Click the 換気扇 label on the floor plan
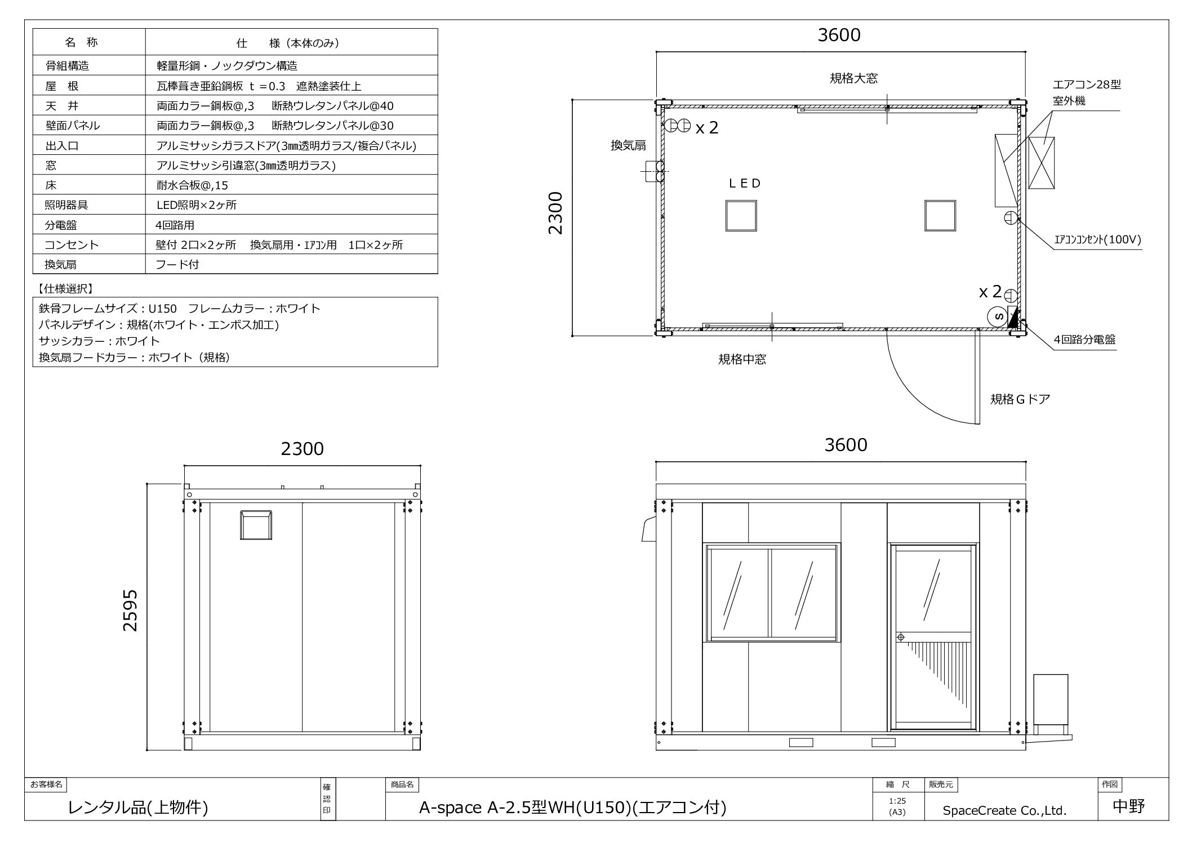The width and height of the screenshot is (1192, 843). pyautogui.click(x=628, y=145)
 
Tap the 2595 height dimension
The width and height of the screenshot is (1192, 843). pyautogui.click(x=130, y=610)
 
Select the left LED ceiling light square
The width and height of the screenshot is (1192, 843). pyautogui.click(x=741, y=216)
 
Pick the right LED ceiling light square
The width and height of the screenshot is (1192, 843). pyautogui.click(x=940, y=216)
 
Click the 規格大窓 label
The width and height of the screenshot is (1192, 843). pyautogui.click(x=853, y=78)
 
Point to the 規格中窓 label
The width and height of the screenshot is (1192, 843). pyautogui.click(x=742, y=359)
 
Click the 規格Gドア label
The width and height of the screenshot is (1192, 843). pyautogui.click(x=1020, y=399)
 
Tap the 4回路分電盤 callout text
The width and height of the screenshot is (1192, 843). pyautogui.click(x=1084, y=340)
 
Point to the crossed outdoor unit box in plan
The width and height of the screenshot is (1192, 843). pyautogui.click(x=1041, y=163)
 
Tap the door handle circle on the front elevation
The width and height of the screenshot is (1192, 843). pyautogui.click(x=900, y=637)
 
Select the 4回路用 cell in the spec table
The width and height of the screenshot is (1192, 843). pyautogui.click(x=175, y=225)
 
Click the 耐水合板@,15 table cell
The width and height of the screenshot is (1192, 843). pyautogui.click(x=192, y=185)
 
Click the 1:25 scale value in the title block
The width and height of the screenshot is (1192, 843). pyautogui.click(x=897, y=801)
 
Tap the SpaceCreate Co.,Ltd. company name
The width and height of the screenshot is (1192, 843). pyautogui.click(x=1005, y=810)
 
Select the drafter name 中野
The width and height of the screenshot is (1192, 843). pyautogui.click(x=1129, y=807)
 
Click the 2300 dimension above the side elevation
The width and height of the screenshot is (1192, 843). pyautogui.click(x=303, y=449)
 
